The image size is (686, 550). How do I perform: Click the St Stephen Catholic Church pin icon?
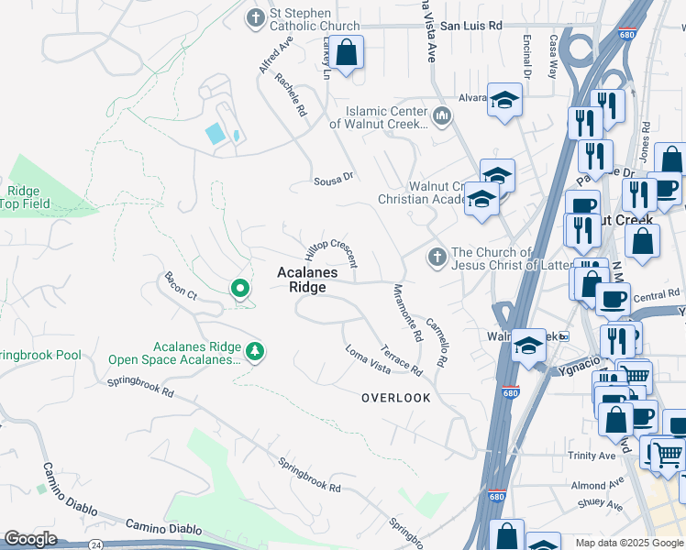[x=256, y=17]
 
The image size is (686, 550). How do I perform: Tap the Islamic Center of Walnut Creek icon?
[x=443, y=115]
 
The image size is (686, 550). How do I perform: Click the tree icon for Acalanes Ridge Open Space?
[x=255, y=350]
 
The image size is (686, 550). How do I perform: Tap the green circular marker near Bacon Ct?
[x=240, y=290]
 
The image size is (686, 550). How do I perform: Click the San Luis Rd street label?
[x=471, y=27]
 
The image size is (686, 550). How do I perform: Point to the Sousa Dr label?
[x=333, y=178]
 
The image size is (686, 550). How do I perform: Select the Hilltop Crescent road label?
[x=331, y=246]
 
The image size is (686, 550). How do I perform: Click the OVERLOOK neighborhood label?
[x=395, y=398]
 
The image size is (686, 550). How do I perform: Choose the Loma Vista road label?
[x=368, y=358]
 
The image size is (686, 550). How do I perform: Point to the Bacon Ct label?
[x=181, y=286]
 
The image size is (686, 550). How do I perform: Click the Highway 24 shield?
[x=95, y=544]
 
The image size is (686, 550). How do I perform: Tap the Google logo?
[x=30, y=539]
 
